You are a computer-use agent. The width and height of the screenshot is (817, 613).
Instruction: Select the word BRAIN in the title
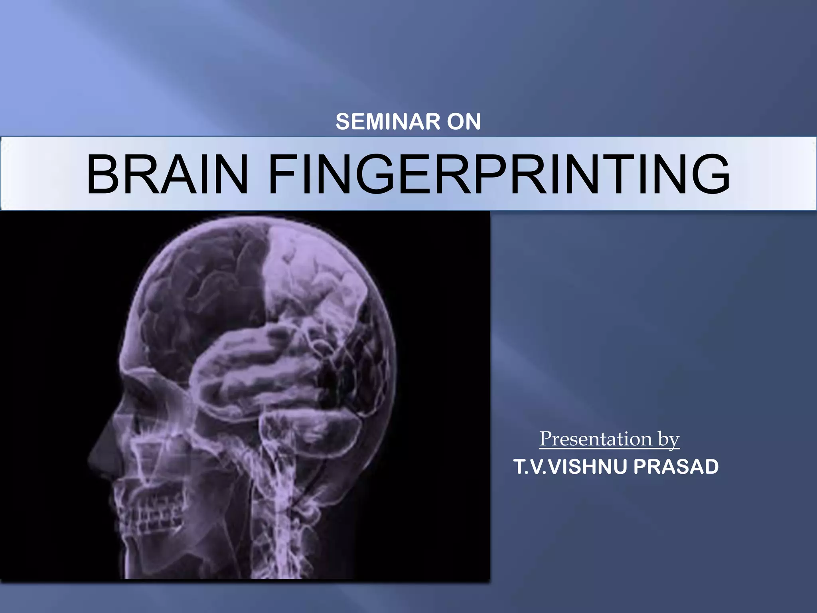point(167,175)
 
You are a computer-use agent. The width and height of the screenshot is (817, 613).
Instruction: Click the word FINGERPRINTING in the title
point(499,175)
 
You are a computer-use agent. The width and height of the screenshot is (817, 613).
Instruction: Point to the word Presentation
point(596,439)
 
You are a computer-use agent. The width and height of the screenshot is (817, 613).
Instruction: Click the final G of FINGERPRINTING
point(710,175)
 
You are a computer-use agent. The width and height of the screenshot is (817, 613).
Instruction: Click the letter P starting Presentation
point(546,439)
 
